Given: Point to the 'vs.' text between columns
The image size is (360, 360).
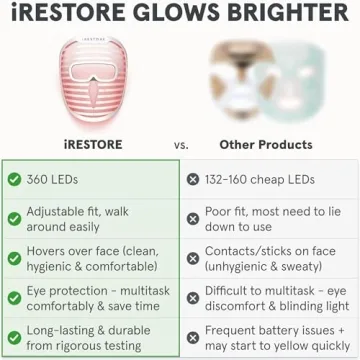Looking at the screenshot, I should click(181, 144).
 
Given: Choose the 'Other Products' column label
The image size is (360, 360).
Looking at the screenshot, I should click(265, 144).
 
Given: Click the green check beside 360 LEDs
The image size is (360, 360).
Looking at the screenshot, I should click(14, 180).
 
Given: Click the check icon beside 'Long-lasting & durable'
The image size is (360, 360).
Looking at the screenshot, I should click(14, 338).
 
